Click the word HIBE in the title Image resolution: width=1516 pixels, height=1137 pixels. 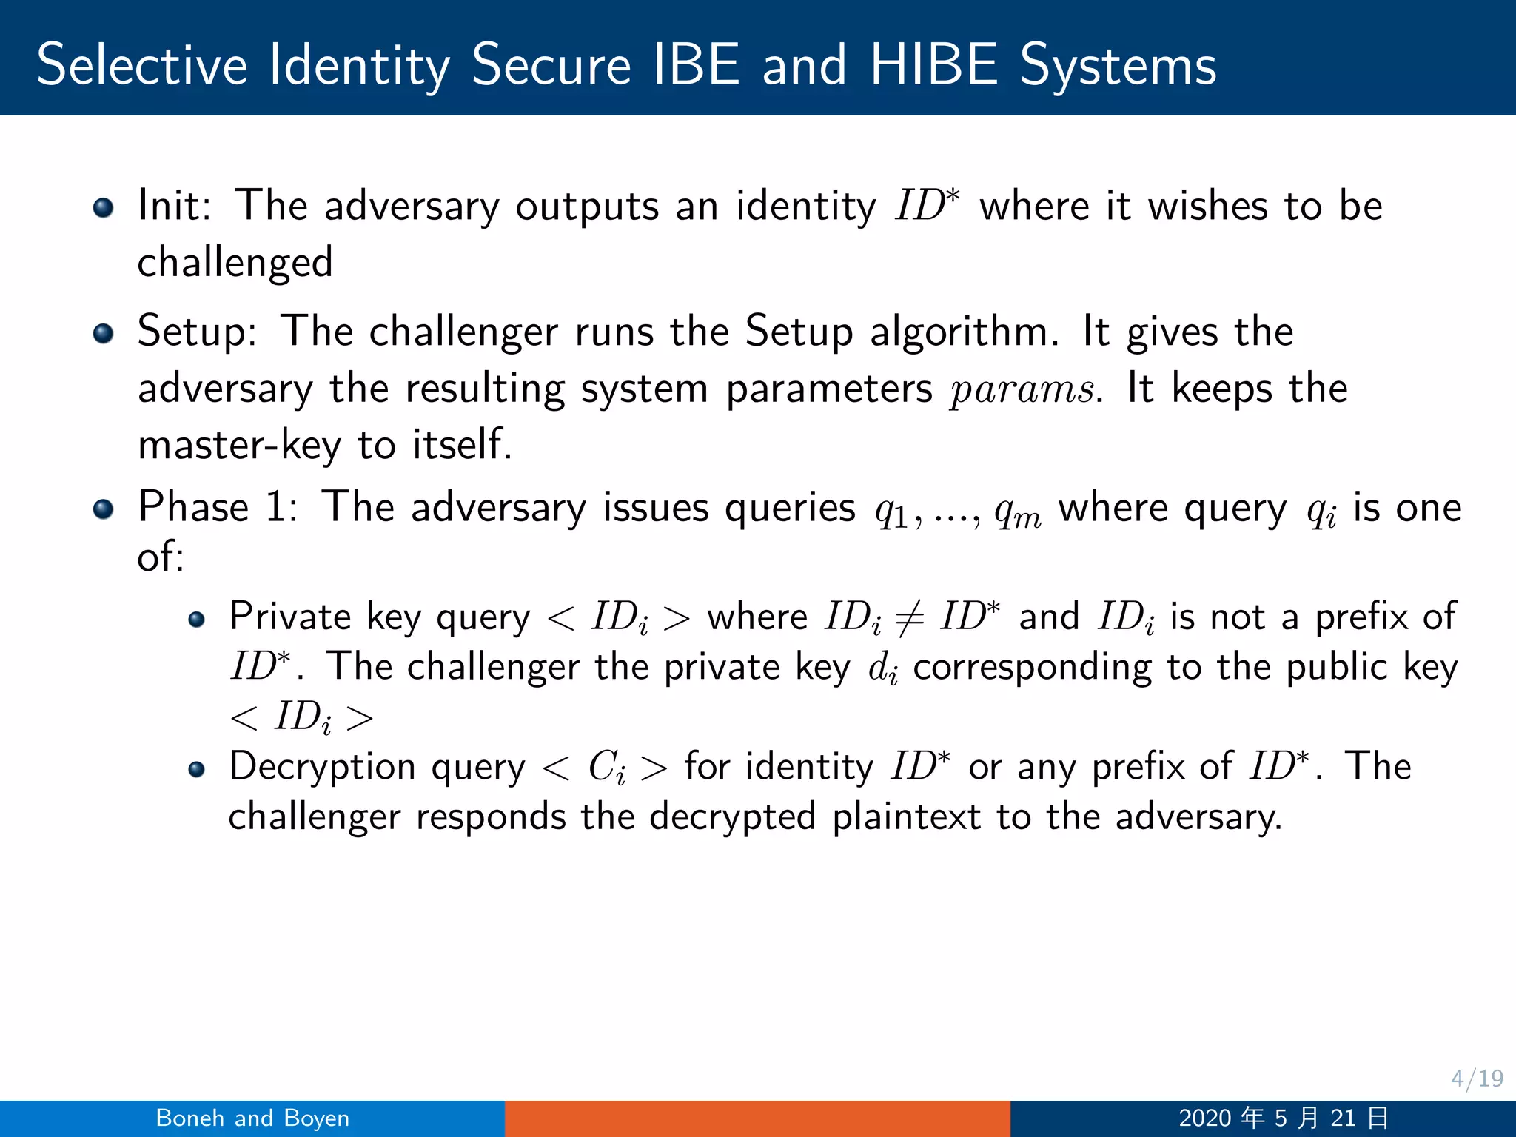[933, 65]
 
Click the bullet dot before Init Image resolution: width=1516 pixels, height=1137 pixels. [104, 208]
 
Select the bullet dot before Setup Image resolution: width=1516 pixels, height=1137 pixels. [104, 333]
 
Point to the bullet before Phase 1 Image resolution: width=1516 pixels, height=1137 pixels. [104, 509]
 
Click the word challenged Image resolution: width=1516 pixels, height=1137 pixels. [235, 264]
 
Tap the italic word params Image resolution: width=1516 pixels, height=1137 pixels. [1022, 389]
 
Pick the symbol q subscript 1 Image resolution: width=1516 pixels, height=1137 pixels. [891, 512]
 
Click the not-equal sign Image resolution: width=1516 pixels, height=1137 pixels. [909, 618]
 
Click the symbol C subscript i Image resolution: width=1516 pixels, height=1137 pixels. [606, 768]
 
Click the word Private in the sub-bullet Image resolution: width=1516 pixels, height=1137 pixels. [289, 617]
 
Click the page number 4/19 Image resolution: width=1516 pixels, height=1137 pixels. [1477, 1079]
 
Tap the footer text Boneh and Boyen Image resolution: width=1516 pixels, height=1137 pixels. [252, 1118]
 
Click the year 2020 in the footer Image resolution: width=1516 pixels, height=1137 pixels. [1205, 1118]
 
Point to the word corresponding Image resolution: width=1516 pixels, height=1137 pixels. [1032, 668]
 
